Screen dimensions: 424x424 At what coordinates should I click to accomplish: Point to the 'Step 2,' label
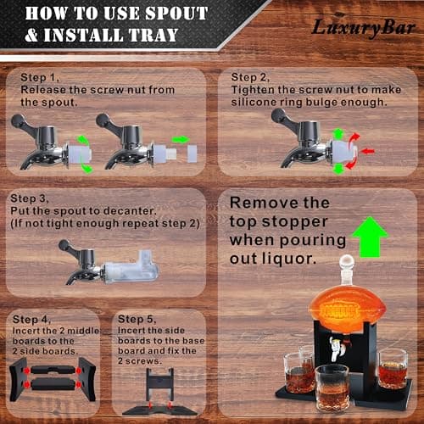click(250, 76)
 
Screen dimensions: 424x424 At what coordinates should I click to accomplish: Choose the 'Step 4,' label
click(31, 319)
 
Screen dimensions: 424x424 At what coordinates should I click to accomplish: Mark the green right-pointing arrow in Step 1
click(181, 140)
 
